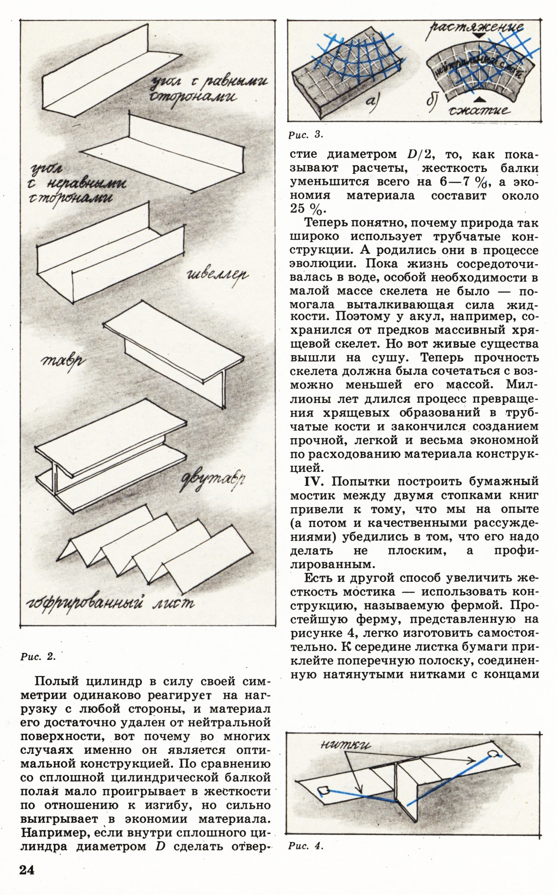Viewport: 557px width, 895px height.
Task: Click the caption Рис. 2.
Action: pyautogui.click(x=38, y=657)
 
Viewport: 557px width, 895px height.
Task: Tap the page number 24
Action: pyautogui.click(x=28, y=879)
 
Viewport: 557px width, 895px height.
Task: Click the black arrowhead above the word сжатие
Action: pyautogui.click(x=478, y=99)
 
